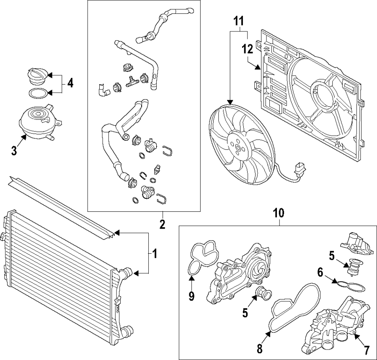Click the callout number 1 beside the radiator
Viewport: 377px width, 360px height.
coord(154,253)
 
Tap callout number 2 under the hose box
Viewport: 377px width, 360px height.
coord(163,224)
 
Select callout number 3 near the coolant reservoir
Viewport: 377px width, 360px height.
coord(14,151)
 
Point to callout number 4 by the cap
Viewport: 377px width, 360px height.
coord(70,83)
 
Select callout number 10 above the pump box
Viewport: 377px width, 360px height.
coord(279,213)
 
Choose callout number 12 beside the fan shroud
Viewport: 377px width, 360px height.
coord(247,49)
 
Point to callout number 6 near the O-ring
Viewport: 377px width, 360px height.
coord(320,273)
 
